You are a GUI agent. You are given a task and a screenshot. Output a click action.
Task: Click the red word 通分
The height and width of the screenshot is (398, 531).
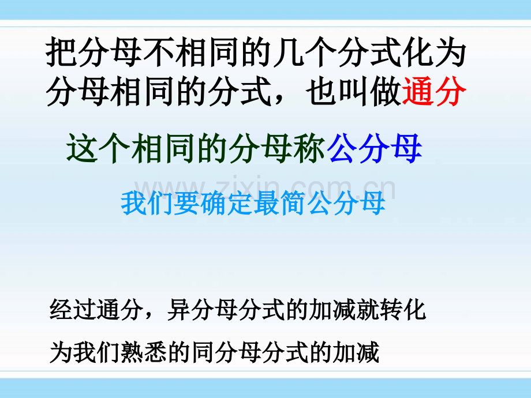tap(432, 92)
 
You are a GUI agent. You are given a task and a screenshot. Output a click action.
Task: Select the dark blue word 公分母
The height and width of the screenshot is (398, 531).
tap(375, 149)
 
